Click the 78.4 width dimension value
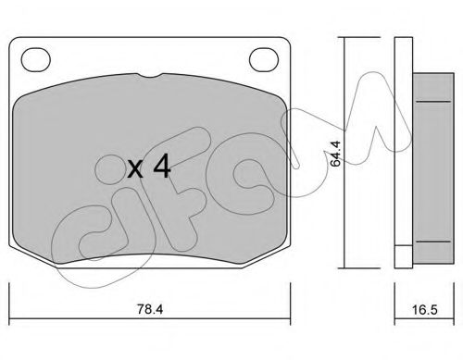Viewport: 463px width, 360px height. tap(150, 309)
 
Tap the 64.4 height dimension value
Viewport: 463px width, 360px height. tap(335, 154)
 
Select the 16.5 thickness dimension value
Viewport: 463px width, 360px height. tap(425, 309)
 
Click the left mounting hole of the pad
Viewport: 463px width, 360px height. tap(36, 60)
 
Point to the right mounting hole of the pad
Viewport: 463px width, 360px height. tap(264, 60)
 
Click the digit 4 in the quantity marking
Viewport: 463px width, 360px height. tap(162, 166)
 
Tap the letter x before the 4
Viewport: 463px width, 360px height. tap(135, 169)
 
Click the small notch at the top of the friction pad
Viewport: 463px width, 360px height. tap(150, 75)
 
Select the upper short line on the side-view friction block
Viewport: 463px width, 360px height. tap(433, 101)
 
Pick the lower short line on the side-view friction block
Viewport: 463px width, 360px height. tap(433, 242)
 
